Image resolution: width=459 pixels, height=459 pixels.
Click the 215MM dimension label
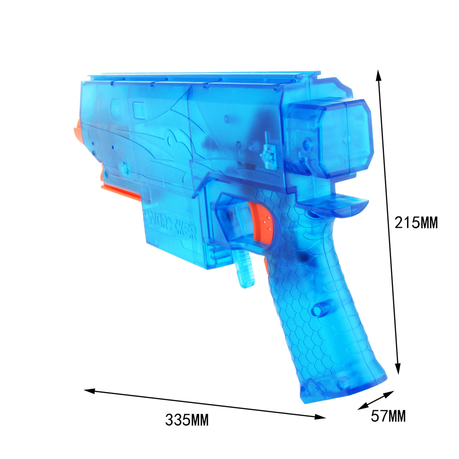(x=416, y=223)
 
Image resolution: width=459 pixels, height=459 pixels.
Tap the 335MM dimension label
(x=187, y=420)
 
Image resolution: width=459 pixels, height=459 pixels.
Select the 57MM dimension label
(x=388, y=416)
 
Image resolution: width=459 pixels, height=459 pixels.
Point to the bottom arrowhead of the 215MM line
(x=397, y=369)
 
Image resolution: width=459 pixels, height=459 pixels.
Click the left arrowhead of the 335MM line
(x=90, y=391)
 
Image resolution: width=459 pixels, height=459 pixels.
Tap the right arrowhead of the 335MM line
(x=320, y=417)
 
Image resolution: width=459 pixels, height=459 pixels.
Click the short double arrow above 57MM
(x=376, y=400)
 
